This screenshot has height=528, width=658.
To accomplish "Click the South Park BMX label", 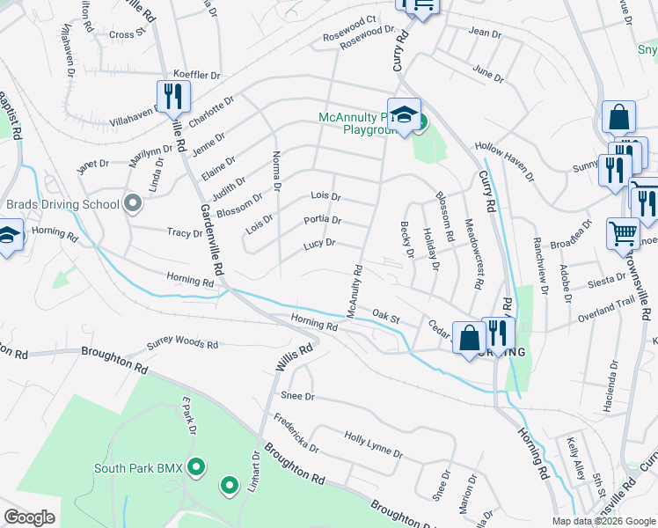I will point(138,467).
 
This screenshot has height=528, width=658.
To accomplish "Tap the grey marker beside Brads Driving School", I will point(134,204).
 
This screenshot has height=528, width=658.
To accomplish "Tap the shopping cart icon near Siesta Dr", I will point(623,233).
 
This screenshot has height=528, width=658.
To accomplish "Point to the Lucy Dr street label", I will point(319,243).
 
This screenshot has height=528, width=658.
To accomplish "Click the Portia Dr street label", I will point(322,220).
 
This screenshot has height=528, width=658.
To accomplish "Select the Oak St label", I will point(385,313).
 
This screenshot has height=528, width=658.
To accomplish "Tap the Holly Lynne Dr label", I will point(373,446).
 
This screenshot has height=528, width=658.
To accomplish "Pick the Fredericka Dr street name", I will point(296,432).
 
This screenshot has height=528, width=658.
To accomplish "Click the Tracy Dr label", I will point(185,233).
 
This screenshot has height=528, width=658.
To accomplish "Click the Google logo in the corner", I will point(29,517).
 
